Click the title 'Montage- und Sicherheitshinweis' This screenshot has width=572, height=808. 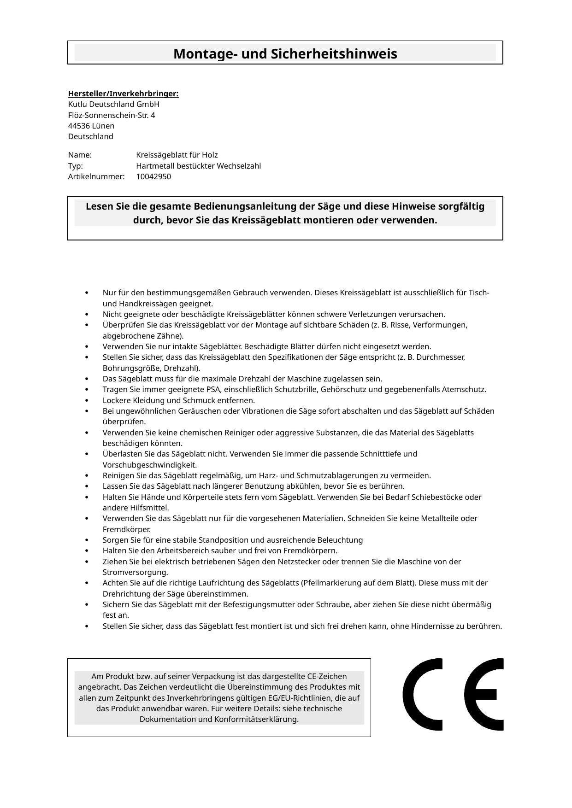tap(285, 54)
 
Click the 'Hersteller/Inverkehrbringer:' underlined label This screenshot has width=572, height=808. tap(123, 94)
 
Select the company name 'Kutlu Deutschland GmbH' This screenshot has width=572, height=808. tap(113, 105)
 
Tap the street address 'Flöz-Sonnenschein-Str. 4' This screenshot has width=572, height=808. tap(112, 115)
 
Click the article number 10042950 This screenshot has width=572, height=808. tap(153, 176)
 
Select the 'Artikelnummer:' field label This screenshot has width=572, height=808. tap(96, 176)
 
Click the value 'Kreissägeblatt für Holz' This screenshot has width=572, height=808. tap(177, 155)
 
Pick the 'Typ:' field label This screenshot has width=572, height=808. tap(76, 166)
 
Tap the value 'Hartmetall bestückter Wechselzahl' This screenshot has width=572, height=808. tap(198, 166)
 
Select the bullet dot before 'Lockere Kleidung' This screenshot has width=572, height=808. tap(87, 400)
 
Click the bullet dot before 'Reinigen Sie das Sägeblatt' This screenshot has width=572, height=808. tap(87, 475)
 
